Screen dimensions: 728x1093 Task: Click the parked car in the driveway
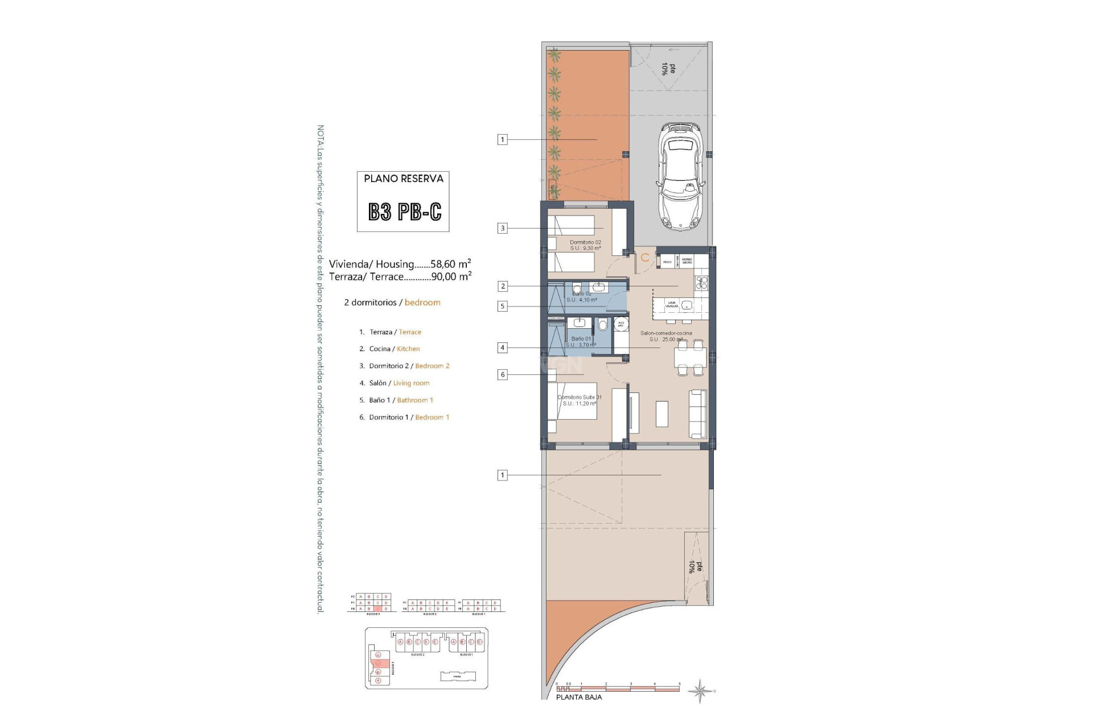click(681, 177)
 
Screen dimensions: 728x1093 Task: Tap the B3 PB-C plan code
click(404, 212)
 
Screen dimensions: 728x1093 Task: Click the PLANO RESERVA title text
click(404, 179)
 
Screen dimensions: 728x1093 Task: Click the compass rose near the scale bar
click(700, 691)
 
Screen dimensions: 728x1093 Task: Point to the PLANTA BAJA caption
click(578, 697)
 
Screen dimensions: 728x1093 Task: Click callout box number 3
click(502, 228)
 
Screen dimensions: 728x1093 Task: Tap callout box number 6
click(502, 374)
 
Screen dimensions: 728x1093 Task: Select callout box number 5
click(502, 306)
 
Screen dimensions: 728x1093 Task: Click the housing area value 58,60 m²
click(451, 264)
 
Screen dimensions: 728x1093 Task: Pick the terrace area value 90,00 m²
click(451, 276)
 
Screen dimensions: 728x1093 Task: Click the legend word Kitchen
click(408, 349)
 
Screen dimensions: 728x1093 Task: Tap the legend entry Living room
click(411, 383)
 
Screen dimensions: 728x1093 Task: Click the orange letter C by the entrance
click(645, 258)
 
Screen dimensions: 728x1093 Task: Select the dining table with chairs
click(690, 358)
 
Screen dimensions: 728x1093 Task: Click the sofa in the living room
click(698, 413)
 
